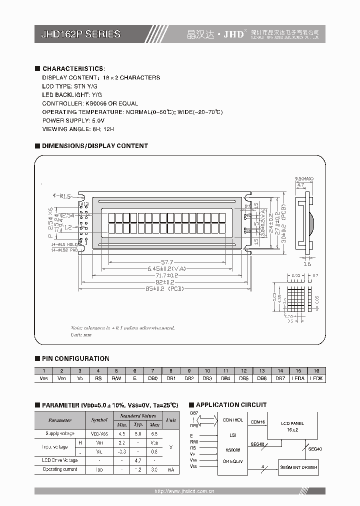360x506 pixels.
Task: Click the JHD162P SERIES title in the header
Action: pyautogui.click(x=80, y=34)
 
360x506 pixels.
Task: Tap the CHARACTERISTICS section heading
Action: pyautogui.click(x=73, y=68)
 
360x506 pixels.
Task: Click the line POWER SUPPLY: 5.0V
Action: pyautogui.click(x=73, y=121)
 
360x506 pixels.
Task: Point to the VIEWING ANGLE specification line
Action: pyautogui.click(x=78, y=129)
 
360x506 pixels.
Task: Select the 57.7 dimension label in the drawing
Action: pyautogui.click(x=166, y=262)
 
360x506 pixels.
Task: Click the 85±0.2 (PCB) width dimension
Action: pyautogui.click(x=164, y=289)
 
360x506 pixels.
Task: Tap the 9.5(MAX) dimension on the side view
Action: pyautogui.click(x=303, y=178)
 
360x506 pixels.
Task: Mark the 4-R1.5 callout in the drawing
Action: pyautogui.click(x=61, y=196)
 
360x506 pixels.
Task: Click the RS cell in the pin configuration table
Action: pyautogui.click(x=98, y=378)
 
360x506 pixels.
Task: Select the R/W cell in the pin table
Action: pyautogui.click(x=116, y=378)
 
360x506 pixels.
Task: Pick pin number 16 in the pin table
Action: pyautogui.click(x=316, y=370)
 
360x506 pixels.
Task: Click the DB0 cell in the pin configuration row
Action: pyautogui.click(x=152, y=378)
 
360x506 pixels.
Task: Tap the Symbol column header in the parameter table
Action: pyautogui.click(x=99, y=420)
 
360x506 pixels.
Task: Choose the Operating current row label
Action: pyautogui.click(x=60, y=469)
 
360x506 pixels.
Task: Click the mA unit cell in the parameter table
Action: pyautogui.click(x=171, y=469)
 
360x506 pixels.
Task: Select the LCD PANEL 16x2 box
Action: pyautogui.click(x=292, y=426)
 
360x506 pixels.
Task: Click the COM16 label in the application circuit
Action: pyautogui.click(x=257, y=421)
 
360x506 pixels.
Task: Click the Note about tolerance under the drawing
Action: pyautogui.click(x=122, y=327)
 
